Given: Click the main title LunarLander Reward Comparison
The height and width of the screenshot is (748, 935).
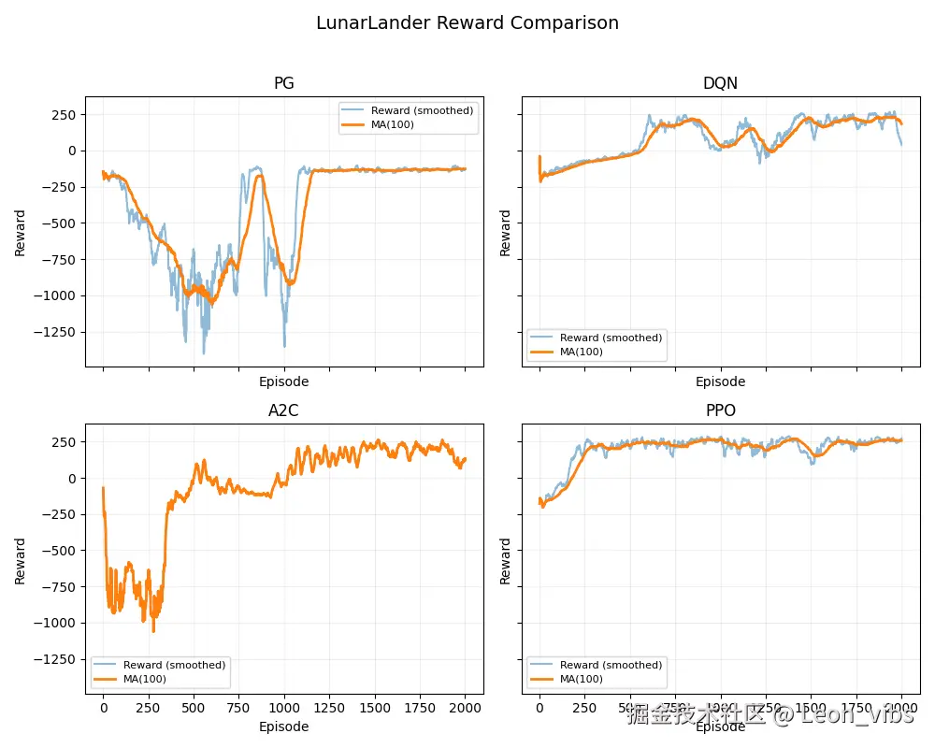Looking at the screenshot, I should coord(467,23).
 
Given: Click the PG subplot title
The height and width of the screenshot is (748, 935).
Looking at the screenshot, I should coord(284,83).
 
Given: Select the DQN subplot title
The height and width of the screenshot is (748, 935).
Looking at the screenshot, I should coord(720,83).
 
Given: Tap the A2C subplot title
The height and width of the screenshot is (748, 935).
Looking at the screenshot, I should coord(284,410).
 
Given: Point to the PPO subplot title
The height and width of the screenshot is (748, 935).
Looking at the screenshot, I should coord(720,410).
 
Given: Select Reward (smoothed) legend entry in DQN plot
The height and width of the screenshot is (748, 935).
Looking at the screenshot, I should coord(611,338).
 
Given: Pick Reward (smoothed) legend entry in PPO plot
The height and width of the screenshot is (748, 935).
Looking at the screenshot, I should coord(611,665).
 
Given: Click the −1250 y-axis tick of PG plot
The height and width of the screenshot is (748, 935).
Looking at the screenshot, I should coord(55,332).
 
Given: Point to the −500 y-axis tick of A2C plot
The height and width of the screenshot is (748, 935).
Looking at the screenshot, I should coord(59,551).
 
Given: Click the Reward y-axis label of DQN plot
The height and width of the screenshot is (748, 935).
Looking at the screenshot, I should coord(506,233).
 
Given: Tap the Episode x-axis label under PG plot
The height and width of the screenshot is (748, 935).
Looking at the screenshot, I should coord(284,381).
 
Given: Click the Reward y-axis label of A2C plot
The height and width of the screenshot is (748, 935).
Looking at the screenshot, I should coord(21,560).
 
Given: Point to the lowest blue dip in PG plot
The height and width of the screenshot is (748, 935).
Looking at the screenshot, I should coord(204,353).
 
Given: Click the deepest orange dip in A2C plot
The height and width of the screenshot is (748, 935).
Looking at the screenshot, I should coord(153,631).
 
